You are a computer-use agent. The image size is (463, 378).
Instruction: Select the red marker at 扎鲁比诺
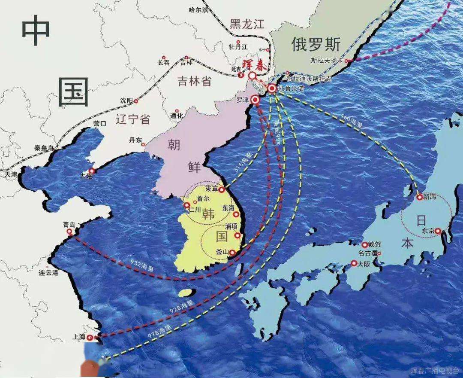(272, 89)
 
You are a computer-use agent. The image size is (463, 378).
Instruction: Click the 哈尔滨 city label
(198, 9)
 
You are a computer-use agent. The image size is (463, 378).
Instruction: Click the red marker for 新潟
(419, 198)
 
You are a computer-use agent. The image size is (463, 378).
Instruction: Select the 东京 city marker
(438, 231)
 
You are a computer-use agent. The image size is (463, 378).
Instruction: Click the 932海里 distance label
(141, 265)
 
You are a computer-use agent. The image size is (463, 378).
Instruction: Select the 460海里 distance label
(352, 121)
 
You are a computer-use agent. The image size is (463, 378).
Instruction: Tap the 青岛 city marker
(69, 232)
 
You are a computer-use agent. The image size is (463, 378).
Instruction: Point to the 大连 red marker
(91, 171)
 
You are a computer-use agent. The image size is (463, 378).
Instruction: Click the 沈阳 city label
(126, 101)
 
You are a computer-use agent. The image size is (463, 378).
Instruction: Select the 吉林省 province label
(195, 80)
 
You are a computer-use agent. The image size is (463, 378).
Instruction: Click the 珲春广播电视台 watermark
(435, 370)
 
